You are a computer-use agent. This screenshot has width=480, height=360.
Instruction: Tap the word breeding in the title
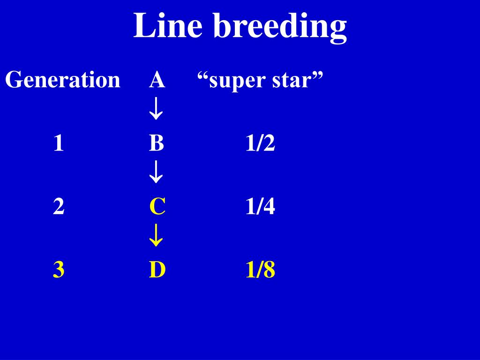click(x=280, y=26)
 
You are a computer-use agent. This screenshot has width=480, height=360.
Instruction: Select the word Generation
click(x=63, y=80)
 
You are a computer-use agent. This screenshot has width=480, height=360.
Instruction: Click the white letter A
click(x=157, y=80)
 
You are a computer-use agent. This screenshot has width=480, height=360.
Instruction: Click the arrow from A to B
click(x=156, y=111)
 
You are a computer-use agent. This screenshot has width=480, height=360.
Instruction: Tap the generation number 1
click(x=58, y=143)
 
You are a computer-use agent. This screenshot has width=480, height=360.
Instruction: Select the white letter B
click(x=157, y=143)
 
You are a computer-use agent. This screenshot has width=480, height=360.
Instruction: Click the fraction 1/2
click(x=260, y=143)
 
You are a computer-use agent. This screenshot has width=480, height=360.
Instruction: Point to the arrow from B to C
click(x=156, y=174)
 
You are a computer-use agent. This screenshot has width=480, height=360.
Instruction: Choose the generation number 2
click(x=59, y=207)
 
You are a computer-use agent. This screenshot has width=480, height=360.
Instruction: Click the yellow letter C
click(x=157, y=207)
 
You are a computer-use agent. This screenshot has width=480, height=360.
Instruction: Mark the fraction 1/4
click(x=260, y=207)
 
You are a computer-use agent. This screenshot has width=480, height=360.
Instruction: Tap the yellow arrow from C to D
click(x=156, y=238)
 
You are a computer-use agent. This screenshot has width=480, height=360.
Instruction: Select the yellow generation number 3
click(x=59, y=270)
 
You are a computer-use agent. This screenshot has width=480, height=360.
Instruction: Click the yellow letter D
click(x=157, y=270)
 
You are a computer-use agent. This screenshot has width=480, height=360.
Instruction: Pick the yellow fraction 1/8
click(x=260, y=270)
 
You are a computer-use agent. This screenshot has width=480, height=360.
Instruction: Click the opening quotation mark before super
click(x=202, y=75)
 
